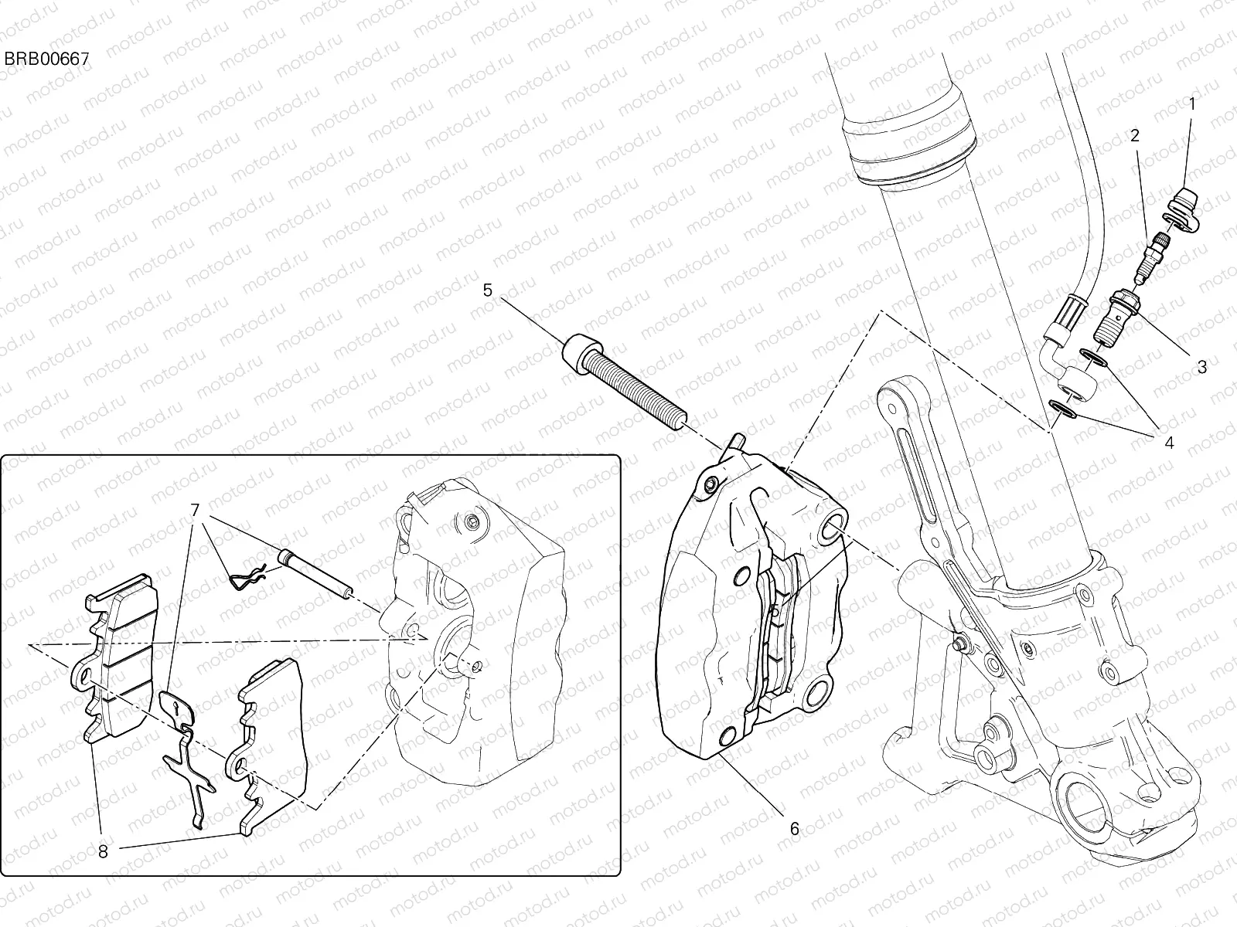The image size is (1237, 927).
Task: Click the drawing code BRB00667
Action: (47, 58)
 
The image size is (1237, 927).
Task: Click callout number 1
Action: (1191, 104)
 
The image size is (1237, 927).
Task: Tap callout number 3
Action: (1201, 367)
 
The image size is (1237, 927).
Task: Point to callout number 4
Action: (1168, 443)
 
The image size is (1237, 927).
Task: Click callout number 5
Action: (487, 290)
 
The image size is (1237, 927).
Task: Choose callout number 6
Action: (794, 829)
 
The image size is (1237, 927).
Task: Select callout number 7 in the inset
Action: (195, 510)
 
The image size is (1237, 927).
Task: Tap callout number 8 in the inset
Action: (103, 852)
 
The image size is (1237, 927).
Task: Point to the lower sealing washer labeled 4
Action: (1063, 409)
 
